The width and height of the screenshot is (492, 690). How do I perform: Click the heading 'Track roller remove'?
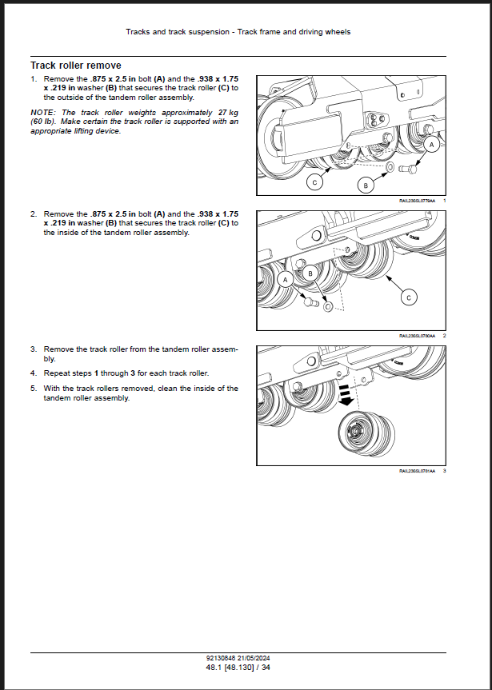click(76, 65)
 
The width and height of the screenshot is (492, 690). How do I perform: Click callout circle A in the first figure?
click(432, 145)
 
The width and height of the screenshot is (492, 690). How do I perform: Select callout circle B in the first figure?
click(366, 185)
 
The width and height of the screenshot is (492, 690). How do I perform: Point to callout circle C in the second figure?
click(409, 297)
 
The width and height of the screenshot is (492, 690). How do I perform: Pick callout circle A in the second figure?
click(285, 279)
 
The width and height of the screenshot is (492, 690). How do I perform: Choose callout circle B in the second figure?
click(310, 273)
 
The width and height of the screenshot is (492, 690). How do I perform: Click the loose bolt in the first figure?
click(410, 167)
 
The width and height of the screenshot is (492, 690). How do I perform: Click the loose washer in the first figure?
click(389, 168)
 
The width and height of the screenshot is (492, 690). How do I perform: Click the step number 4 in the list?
click(34, 373)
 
